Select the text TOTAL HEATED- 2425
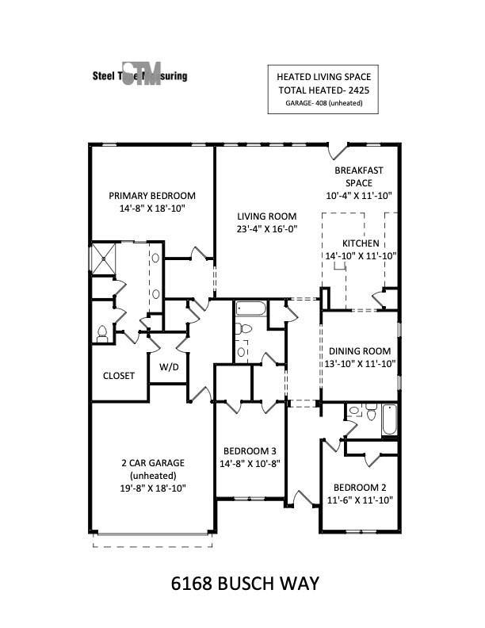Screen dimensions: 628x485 pyautogui.click(x=323, y=90)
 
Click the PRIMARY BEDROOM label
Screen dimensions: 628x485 pyautogui.click(x=152, y=196)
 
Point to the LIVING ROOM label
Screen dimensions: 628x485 pyautogui.click(x=267, y=216)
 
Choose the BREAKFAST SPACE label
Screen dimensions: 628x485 pyautogui.click(x=358, y=176)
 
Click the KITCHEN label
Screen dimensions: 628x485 pyautogui.click(x=361, y=243)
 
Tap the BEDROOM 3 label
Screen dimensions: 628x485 pyautogui.click(x=250, y=448)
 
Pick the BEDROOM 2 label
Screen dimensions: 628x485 pyautogui.click(x=360, y=487)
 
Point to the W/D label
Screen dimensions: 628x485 pyautogui.click(x=169, y=367)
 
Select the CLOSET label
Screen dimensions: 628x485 pyautogui.click(x=119, y=375)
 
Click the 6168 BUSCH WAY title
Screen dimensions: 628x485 pyautogui.click(x=245, y=584)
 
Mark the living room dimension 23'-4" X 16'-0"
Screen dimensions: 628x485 pyautogui.click(x=267, y=229)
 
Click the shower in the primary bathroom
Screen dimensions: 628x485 pyautogui.click(x=104, y=258)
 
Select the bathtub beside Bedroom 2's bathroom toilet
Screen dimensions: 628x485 pyautogui.click(x=389, y=419)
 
